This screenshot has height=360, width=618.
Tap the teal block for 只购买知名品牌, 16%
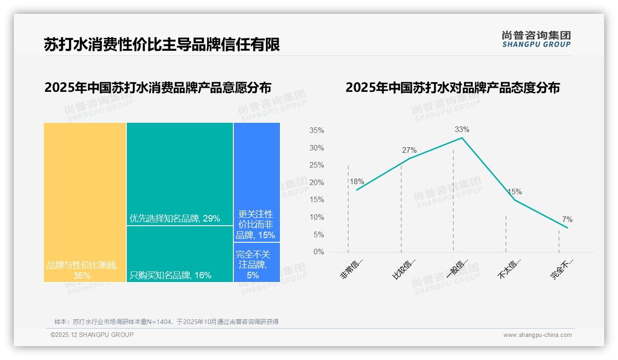point(180,254)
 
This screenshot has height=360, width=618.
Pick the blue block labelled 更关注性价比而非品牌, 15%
point(256,182)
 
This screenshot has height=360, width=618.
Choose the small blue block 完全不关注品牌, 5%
point(256,262)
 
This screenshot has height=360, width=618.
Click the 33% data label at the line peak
point(462,129)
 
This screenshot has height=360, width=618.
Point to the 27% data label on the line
point(409,150)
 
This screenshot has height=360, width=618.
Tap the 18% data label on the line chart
point(357,181)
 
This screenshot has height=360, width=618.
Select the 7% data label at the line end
point(567,219)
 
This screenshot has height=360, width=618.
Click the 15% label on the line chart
point(515,192)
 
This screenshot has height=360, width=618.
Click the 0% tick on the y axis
point(318,252)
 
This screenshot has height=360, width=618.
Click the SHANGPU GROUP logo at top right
point(536,39)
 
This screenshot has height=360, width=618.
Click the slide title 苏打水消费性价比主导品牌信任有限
point(162,45)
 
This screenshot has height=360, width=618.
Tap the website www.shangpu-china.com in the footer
point(537,335)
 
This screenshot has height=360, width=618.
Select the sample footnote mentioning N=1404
point(166,322)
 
